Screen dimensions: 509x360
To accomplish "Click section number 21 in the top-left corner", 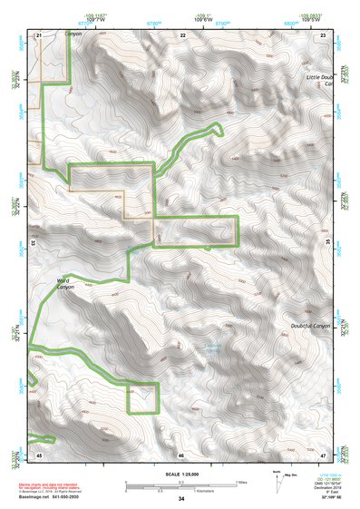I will pyautogui.click(x=39, y=34).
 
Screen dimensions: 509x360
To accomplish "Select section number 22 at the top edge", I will pyautogui.click(x=182, y=34).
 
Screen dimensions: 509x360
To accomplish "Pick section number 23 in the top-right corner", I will pyautogui.click(x=324, y=34).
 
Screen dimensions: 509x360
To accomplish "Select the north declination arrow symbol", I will pyautogui.click(x=276, y=480).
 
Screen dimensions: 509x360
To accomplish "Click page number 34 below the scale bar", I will pyautogui.click(x=181, y=499).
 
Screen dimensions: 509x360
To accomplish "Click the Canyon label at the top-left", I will pyautogui.click(x=72, y=34).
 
